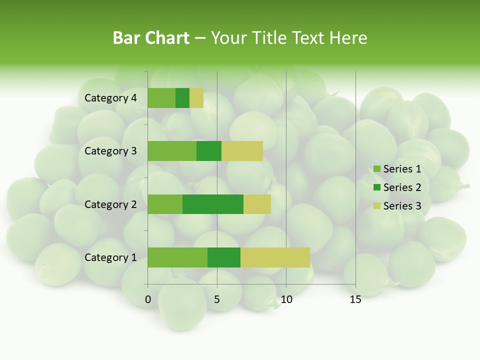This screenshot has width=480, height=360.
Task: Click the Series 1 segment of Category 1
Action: pos(177,257)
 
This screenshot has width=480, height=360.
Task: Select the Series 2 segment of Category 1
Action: pos(224,257)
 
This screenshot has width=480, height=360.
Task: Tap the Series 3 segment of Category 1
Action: pos(275,257)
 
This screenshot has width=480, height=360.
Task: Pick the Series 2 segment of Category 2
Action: pos(213,204)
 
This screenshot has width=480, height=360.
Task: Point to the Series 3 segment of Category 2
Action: pos(257,204)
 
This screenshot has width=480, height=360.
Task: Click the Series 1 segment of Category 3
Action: pos(172,151)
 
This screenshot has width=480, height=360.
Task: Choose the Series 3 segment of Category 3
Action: pos(242,151)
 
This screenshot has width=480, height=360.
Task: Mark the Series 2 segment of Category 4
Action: pos(182,98)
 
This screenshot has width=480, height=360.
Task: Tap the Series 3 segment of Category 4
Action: pos(196,98)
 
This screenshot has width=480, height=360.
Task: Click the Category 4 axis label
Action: pos(110,98)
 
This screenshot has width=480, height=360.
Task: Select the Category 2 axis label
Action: pos(110,204)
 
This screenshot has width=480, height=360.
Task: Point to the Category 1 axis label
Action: pos(110,257)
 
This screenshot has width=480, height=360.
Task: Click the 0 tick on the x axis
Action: pos(148,299)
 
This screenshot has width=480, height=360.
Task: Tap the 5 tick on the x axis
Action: pos(217,299)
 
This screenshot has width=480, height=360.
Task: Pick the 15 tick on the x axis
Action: pos(355,299)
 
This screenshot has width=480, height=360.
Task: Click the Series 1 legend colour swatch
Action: pos(376,169)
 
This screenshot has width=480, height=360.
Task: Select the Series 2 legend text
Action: pos(402,187)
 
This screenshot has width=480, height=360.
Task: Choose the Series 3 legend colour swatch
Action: pos(376,206)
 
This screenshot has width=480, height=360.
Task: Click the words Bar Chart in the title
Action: pos(151,38)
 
